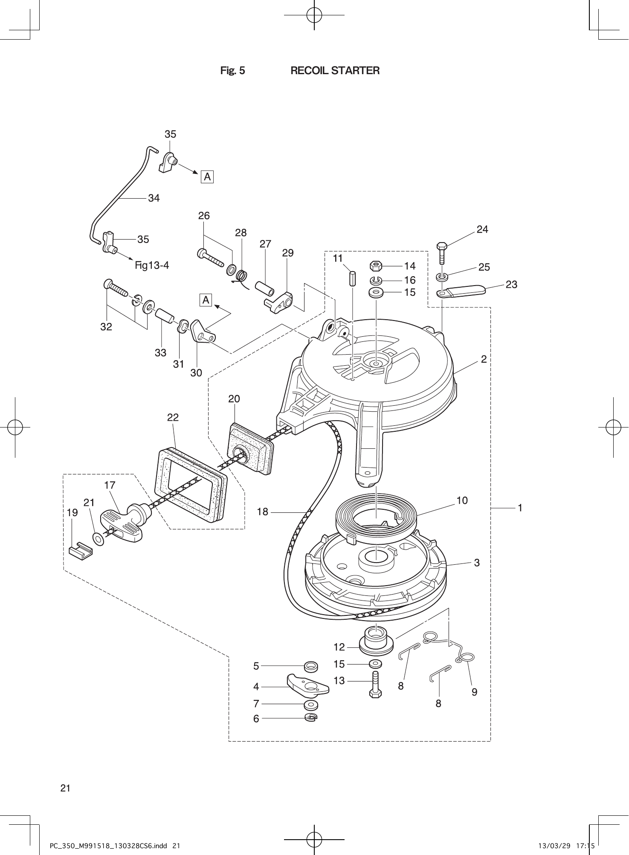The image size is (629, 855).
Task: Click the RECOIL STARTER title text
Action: [335, 71]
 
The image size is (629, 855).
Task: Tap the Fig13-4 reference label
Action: [152, 266]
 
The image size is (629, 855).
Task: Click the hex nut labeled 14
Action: [376, 266]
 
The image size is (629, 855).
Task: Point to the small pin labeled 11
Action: [352, 279]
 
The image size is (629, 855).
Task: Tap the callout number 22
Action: [173, 417]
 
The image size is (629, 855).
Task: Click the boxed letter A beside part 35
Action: [207, 176]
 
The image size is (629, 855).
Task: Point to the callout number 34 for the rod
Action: [154, 198]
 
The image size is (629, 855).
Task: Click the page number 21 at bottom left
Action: [65, 788]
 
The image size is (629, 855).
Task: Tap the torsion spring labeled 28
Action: [242, 277]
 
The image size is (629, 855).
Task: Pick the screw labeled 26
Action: [211, 258]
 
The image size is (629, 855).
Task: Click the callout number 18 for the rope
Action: [263, 512]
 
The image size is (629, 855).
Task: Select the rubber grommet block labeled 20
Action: [249, 450]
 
